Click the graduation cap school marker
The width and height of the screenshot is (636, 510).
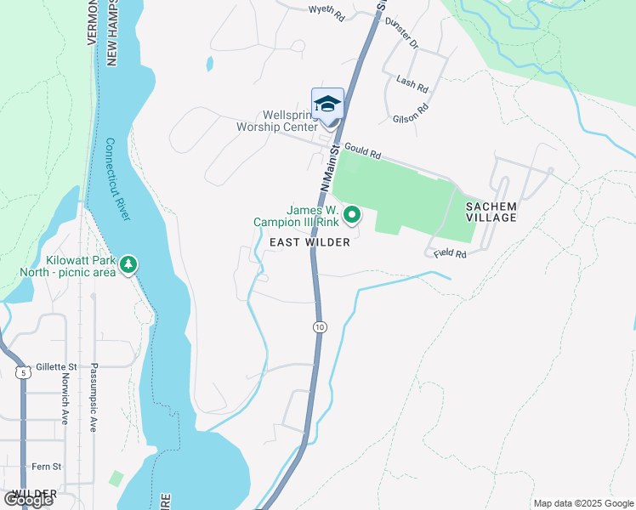(328, 104)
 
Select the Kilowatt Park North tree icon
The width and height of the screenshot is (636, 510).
(128, 265)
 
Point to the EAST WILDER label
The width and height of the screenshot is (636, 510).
(309, 243)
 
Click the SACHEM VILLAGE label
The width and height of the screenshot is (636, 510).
(491, 212)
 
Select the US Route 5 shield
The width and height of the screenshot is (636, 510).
(21, 371)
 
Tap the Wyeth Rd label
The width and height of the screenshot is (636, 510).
(327, 11)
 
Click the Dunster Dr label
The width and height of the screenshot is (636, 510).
(402, 31)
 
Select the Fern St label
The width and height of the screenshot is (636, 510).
(46, 467)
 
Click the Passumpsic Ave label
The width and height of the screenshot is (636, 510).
(94, 405)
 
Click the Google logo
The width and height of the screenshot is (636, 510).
(28, 500)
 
